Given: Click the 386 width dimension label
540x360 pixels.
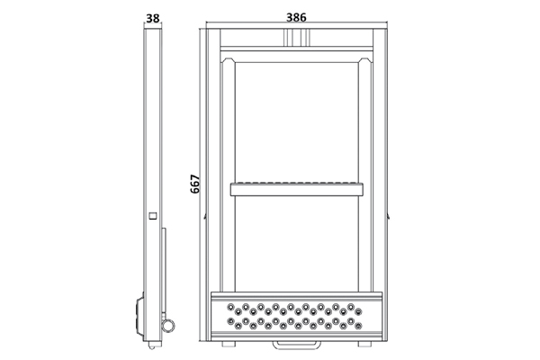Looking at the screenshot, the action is (x=296, y=17).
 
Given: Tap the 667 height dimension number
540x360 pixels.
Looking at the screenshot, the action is (x=195, y=184).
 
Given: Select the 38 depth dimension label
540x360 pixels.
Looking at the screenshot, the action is (x=153, y=19).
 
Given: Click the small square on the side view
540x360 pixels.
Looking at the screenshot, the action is (x=153, y=216).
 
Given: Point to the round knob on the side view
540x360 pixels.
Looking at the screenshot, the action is (x=169, y=326).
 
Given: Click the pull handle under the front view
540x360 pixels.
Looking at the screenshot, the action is (x=296, y=344).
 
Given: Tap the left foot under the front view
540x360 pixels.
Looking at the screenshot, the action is (x=229, y=344).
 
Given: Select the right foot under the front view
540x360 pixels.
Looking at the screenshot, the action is (x=364, y=344).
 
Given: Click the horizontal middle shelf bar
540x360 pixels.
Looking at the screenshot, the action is (x=296, y=189).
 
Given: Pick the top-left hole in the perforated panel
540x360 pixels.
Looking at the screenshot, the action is (x=230, y=307).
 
